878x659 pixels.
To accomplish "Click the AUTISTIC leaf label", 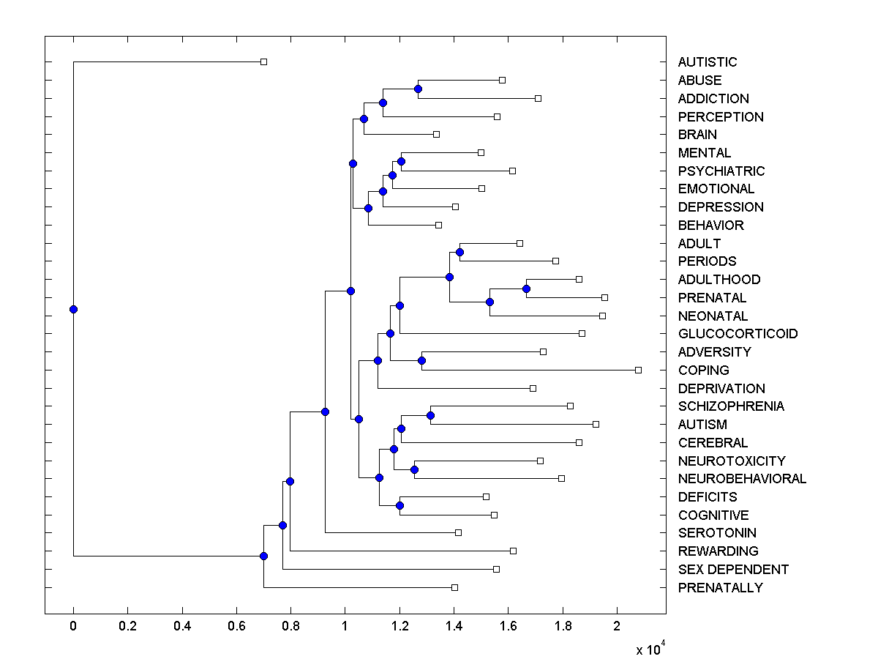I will point(707,62).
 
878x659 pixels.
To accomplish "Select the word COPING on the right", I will point(703,371).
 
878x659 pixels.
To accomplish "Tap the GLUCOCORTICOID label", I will point(738,334).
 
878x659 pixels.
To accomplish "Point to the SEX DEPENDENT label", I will point(733,570).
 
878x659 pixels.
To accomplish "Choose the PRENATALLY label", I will point(720,588).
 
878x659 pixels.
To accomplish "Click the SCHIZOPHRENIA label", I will point(731,406).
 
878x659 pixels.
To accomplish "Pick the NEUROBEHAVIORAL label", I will point(742,479).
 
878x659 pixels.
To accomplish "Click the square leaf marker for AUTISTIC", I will point(264,62).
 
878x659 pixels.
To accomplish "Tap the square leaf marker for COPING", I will point(638,370).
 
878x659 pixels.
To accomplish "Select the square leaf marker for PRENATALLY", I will point(454,587).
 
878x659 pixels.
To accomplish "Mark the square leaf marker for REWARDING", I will point(513,551).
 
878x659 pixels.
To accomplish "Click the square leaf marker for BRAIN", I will point(436,134).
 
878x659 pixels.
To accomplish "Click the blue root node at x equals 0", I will point(73,309).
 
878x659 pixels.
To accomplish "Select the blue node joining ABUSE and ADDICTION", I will point(418,89).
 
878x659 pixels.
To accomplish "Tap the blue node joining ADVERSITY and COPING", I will point(421,360).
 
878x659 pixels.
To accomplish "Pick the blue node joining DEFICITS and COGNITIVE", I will point(399,505).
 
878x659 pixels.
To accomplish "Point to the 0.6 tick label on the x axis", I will point(236,626).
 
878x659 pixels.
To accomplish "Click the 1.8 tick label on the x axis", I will point(563,626).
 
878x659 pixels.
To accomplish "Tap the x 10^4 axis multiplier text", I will point(648,648).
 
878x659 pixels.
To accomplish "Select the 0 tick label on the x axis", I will point(73,626).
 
